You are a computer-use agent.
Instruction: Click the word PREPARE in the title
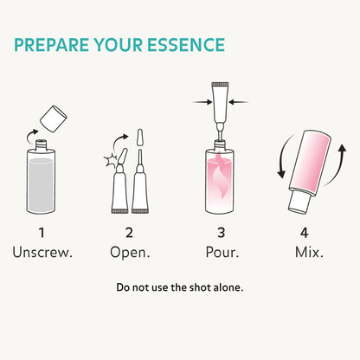[x=52, y=45]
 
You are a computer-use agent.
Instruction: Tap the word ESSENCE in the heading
[x=186, y=45]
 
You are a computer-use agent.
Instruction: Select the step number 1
[x=42, y=233]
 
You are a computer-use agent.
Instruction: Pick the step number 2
[x=129, y=233]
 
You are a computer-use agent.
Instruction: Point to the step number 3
[x=222, y=233]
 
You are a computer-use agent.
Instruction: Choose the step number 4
[x=305, y=233]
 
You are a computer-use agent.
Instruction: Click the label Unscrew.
[x=42, y=253]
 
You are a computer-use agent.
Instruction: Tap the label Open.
[x=130, y=253]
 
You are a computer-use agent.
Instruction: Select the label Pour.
[x=222, y=253]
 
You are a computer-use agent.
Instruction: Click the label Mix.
[x=309, y=253]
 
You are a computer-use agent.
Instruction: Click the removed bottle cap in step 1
[x=54, y=119]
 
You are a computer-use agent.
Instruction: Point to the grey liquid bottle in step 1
[x=41, y=177]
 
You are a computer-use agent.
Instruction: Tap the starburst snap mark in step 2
[x=111, y=161]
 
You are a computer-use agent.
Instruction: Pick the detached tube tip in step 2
[x=140, y=138]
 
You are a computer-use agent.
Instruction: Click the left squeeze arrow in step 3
[x=202, y=102]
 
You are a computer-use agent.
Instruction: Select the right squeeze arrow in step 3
[x=238, y=102]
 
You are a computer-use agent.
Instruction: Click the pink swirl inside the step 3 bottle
[x=219, y=179]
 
